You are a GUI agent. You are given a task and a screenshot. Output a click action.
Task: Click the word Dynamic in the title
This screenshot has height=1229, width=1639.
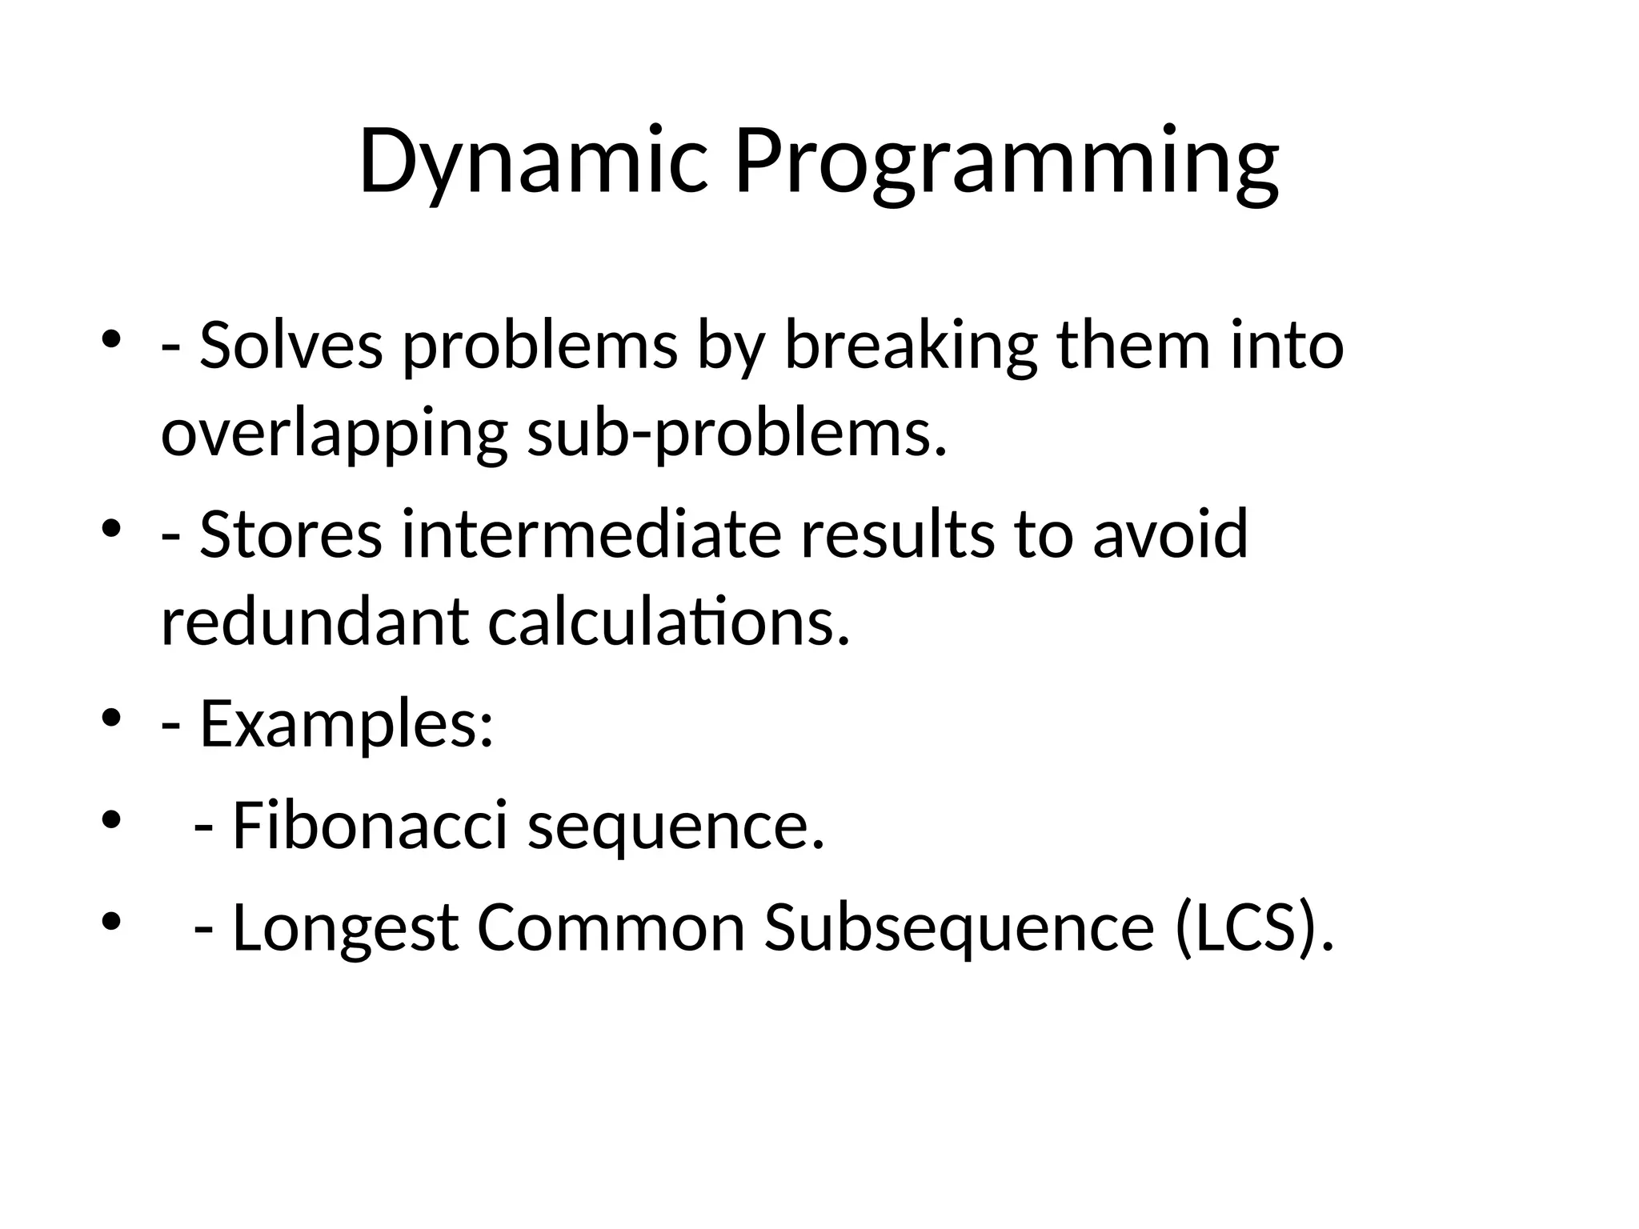pos(533,162)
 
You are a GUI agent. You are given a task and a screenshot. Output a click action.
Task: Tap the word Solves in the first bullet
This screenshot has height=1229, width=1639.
pos(291,346)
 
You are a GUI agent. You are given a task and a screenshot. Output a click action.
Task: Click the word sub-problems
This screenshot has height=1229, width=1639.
pos(736,436)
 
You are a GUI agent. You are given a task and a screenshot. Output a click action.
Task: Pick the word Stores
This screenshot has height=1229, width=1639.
pos(291,534)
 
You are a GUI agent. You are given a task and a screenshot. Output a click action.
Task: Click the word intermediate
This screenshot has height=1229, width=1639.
pos(591,534)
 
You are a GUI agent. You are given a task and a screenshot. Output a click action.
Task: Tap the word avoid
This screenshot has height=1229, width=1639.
pos(1170,534)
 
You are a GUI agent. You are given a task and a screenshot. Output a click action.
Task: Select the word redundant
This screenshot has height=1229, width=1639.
pos(315,623)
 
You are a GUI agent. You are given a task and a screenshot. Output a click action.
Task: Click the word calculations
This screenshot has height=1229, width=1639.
pos(668,623)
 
